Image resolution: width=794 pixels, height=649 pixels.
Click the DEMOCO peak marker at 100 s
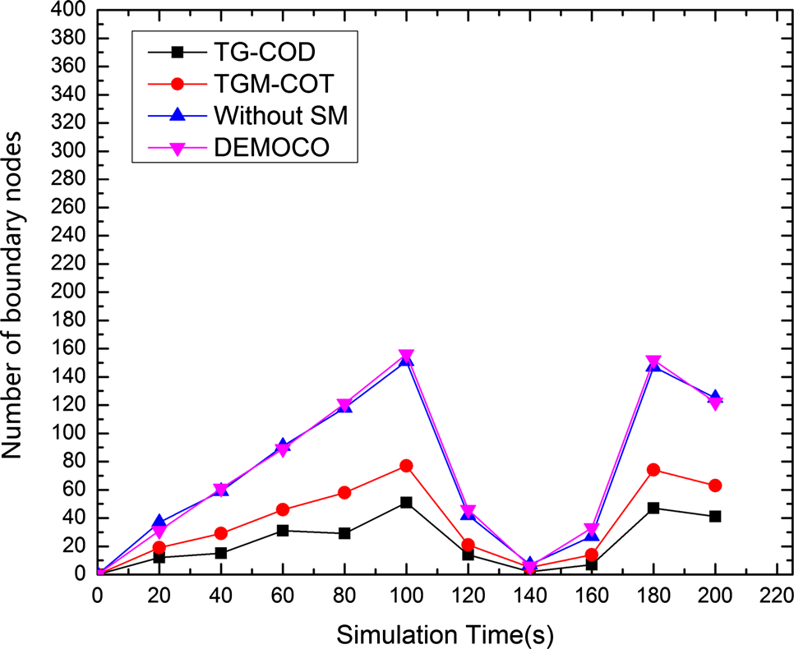[406, 356]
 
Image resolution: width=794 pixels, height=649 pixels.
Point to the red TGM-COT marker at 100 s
[406, 466]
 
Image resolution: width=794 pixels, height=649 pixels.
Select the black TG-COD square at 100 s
[406, 502]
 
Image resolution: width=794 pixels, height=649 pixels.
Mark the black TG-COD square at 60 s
[283, 531]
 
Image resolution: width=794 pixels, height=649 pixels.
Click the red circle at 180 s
[653, 470]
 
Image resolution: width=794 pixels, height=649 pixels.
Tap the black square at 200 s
[715, 516]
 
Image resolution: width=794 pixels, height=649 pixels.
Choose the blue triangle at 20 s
[159, 522]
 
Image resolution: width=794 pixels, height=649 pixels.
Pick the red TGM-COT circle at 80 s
[344, 493]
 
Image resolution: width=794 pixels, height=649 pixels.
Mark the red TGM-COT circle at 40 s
[221, 533]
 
